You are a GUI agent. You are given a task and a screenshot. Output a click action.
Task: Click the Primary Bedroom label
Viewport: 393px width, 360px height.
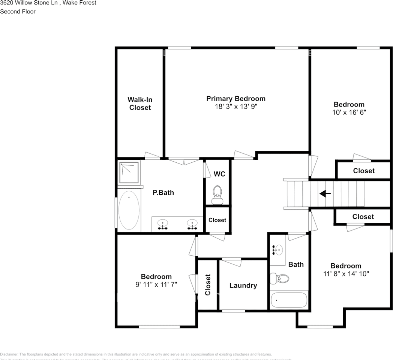(x=236, y=99)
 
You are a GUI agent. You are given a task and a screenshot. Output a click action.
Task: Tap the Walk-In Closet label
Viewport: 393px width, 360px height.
(x=140, y=103)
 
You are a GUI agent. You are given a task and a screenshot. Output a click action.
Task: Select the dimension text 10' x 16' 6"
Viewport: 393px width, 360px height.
(x=349, y=112)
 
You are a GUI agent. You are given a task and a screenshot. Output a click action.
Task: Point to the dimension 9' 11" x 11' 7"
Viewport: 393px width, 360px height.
(x=156, y=285)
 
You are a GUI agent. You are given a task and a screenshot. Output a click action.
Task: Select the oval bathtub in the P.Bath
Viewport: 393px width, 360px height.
(x=129, y=210)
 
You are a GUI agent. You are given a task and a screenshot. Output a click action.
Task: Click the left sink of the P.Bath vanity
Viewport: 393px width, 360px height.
(x=162, y=224)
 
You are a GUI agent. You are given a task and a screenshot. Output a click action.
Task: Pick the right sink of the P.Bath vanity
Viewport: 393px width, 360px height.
(x=192, y=224)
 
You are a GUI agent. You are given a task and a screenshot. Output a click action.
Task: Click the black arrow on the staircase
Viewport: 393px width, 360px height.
(x=325, y=194)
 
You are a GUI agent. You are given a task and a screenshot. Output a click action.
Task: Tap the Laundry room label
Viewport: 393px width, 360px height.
(x=243, y=285)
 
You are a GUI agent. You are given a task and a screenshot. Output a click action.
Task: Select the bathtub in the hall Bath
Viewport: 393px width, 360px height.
(x=288, y=300)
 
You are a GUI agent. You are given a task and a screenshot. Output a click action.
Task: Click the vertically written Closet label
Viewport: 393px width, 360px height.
(x=208, y=285)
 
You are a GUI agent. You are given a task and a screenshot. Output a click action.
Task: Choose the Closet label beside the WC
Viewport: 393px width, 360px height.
(x=217, y=220)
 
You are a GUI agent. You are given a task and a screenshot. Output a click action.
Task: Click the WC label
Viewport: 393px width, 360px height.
(x=219, y=174)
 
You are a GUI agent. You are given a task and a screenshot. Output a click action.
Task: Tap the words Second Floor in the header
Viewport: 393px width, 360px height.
(x=18, y=11)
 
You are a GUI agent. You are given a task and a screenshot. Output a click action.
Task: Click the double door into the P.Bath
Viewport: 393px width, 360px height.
(x=184, y=161)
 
